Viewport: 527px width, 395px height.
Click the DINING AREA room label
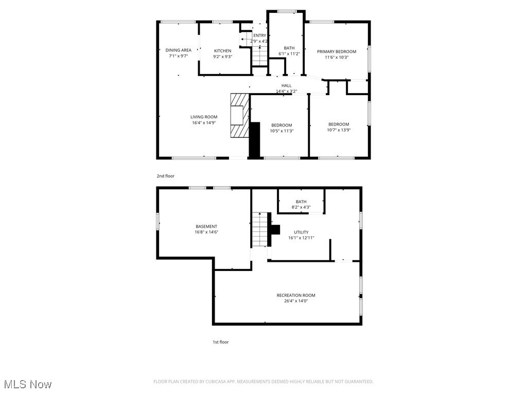(x=179, y=50)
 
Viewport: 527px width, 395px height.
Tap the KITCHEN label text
(x=222, y=50)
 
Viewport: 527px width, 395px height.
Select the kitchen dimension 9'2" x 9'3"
(x=222, y=57)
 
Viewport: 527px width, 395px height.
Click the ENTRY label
(x=259, y=35)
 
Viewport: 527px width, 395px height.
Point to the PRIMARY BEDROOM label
(x=337, y=51)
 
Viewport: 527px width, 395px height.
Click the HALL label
(x=286, y=85)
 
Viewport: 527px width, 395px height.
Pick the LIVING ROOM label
(x=204, y=117)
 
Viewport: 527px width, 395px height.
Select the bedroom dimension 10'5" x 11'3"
(x=282, y=131)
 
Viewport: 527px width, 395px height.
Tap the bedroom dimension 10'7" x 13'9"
(x=339, y=130)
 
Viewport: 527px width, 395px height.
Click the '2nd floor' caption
(x=166, y=176)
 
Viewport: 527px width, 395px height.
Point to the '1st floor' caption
(x=221, y=342)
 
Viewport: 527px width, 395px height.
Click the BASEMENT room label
(x=206, y=226)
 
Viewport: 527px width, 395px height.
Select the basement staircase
(x=260, y=229)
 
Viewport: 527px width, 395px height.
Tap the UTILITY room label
(x=301, y=232)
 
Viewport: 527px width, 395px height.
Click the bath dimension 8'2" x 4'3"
(x=301, y=207)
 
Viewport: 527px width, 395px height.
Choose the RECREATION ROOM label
(x=296, y=295)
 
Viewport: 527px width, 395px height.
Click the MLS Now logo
(x=28, y=384)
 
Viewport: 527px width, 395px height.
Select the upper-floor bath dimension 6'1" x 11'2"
(x=289, y=53)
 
